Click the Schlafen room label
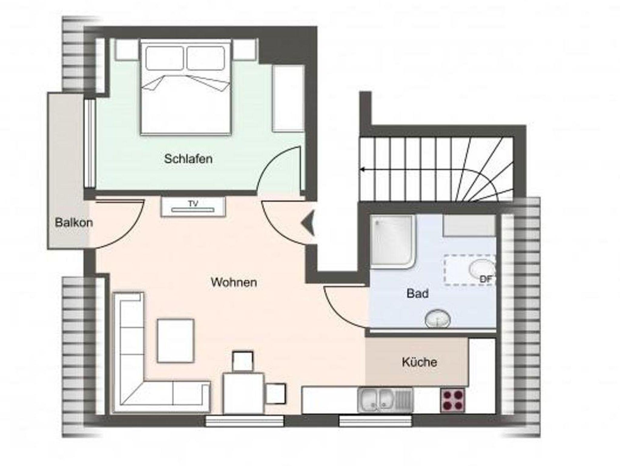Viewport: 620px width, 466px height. [x=188, y=159]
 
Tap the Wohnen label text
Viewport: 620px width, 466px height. [x=234, y=282]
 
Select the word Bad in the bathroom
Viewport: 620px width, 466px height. [x=417, y=293]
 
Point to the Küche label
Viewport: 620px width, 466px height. [x=419, y=362]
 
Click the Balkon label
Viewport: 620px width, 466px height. [x=74, y=223]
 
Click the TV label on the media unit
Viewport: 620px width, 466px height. [x=193, y=204]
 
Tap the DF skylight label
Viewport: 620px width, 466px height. [x=486, y=279]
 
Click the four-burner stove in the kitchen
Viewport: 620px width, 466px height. [x=453, y=400]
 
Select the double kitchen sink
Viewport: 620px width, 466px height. [x=385, y=400]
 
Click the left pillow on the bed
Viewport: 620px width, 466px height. [x=164, y=58]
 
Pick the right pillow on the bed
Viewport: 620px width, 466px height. [x=206, y=58]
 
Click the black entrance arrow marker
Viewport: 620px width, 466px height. [x=308, y=224]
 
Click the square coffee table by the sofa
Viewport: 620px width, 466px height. [x=176, y=341]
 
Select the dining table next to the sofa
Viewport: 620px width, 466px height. [x=243, y=393]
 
